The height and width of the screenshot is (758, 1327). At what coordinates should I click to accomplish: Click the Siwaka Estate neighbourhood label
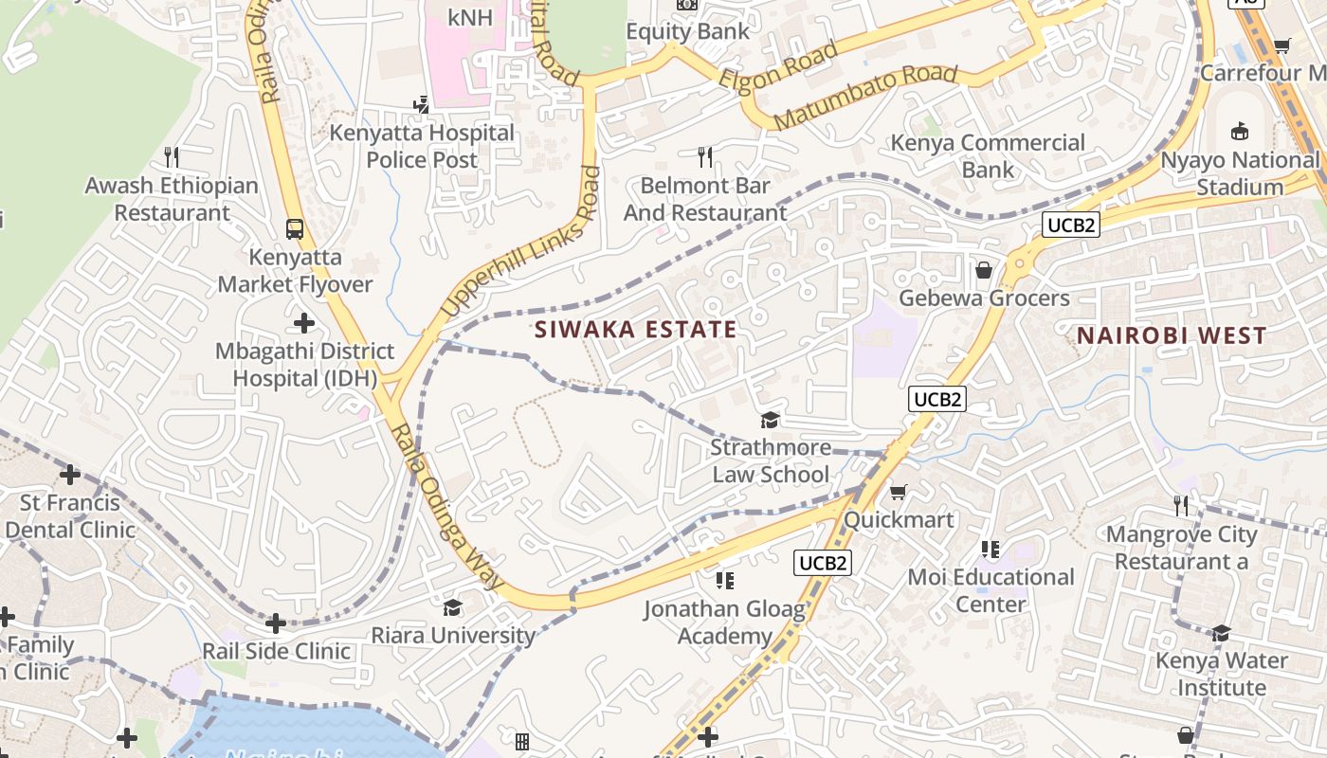tap(635, 330)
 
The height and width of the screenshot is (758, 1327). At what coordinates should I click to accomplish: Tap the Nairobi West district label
tap(1172, 335)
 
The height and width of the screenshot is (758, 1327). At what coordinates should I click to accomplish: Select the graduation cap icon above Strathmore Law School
tap(770, 420)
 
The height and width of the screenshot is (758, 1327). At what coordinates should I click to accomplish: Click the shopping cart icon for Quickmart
tap(898, 492)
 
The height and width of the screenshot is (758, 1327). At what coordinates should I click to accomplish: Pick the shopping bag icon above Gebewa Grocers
tap(984, 271)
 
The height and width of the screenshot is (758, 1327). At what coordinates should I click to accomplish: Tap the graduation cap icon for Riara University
tap(452, 607)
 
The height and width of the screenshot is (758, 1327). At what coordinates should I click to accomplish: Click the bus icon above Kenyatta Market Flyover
tap(295, 228)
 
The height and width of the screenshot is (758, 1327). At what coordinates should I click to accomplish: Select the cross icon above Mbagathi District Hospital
tap(304, 323)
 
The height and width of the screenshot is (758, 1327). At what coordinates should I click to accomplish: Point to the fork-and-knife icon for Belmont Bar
tap(705, 156)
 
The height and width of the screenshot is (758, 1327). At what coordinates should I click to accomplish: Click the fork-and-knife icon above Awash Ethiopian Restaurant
tap(172, 156)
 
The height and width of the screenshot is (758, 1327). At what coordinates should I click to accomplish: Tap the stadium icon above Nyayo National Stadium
tap(1239, 131)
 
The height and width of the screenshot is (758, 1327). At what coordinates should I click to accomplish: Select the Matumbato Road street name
tap(865, 98)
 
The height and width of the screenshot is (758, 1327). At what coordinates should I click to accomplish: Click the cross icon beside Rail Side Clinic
tap(276, 623)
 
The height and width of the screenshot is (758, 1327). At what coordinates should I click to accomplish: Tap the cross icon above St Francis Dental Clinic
tap(70, 474)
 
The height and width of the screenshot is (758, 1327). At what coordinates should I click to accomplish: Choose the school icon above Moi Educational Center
tap(991, 549)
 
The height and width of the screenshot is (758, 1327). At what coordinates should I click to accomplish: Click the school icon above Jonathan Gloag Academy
tap(725, 580)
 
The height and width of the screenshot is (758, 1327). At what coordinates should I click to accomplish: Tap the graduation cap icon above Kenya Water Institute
tap(1221, 632)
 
